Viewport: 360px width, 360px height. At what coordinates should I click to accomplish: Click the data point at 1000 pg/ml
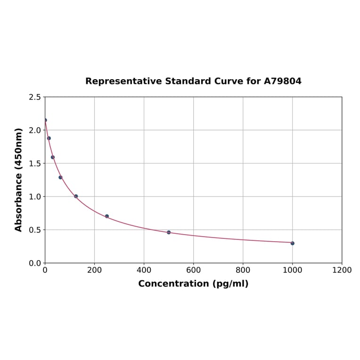click(292, 243)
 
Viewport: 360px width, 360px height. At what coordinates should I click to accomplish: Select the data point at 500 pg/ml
click(169, 232)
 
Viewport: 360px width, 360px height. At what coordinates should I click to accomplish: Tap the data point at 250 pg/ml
click(107, 216)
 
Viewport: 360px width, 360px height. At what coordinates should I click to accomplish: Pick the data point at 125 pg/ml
click(76, 196)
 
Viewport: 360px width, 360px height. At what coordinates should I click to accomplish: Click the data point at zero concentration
click(45, 120)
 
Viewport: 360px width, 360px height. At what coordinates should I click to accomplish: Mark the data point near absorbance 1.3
click(60, 177)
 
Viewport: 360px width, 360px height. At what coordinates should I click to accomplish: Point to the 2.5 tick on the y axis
click(34, 97)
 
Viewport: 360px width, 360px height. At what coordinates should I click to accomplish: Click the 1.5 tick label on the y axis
click(34, 164)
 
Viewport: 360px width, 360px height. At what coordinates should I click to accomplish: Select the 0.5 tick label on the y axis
click(34, 230)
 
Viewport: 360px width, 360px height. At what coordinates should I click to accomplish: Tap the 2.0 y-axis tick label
click(34, 130)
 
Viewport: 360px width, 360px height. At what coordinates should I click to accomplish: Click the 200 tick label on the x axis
click(94, 270)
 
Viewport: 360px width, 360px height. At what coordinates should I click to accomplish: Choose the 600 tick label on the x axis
click(193, 270)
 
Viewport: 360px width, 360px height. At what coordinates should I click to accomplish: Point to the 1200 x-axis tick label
click(342, 270)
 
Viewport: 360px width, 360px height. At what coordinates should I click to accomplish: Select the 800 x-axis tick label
click(243, 270)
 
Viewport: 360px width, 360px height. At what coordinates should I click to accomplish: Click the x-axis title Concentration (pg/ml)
click(193, 284)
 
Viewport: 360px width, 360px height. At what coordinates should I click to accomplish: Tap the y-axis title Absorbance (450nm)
click(19, 180)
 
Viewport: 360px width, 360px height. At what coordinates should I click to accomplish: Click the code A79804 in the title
click(282, 81)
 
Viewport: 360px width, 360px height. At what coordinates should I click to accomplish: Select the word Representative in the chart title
click(123, 81)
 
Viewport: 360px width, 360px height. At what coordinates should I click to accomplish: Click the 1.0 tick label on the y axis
click(34, 196)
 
